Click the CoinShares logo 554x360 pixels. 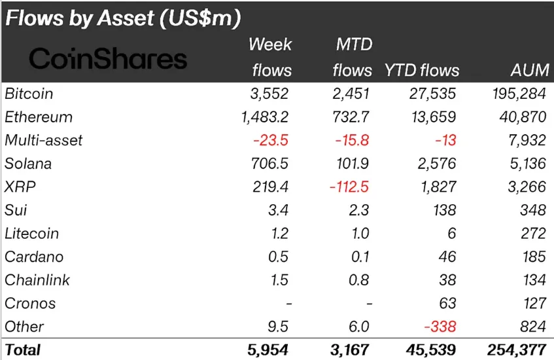108,60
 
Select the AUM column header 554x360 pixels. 527,71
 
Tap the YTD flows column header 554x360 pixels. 422,71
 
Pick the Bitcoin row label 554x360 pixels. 29,94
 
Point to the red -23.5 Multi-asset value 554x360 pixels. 271,141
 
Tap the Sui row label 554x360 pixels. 16,210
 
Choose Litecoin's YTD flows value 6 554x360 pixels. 451,234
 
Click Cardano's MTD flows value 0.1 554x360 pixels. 359,257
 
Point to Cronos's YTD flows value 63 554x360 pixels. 447,304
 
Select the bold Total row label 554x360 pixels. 23,350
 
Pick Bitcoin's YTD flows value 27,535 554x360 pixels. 432,94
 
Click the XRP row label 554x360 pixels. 20,187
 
